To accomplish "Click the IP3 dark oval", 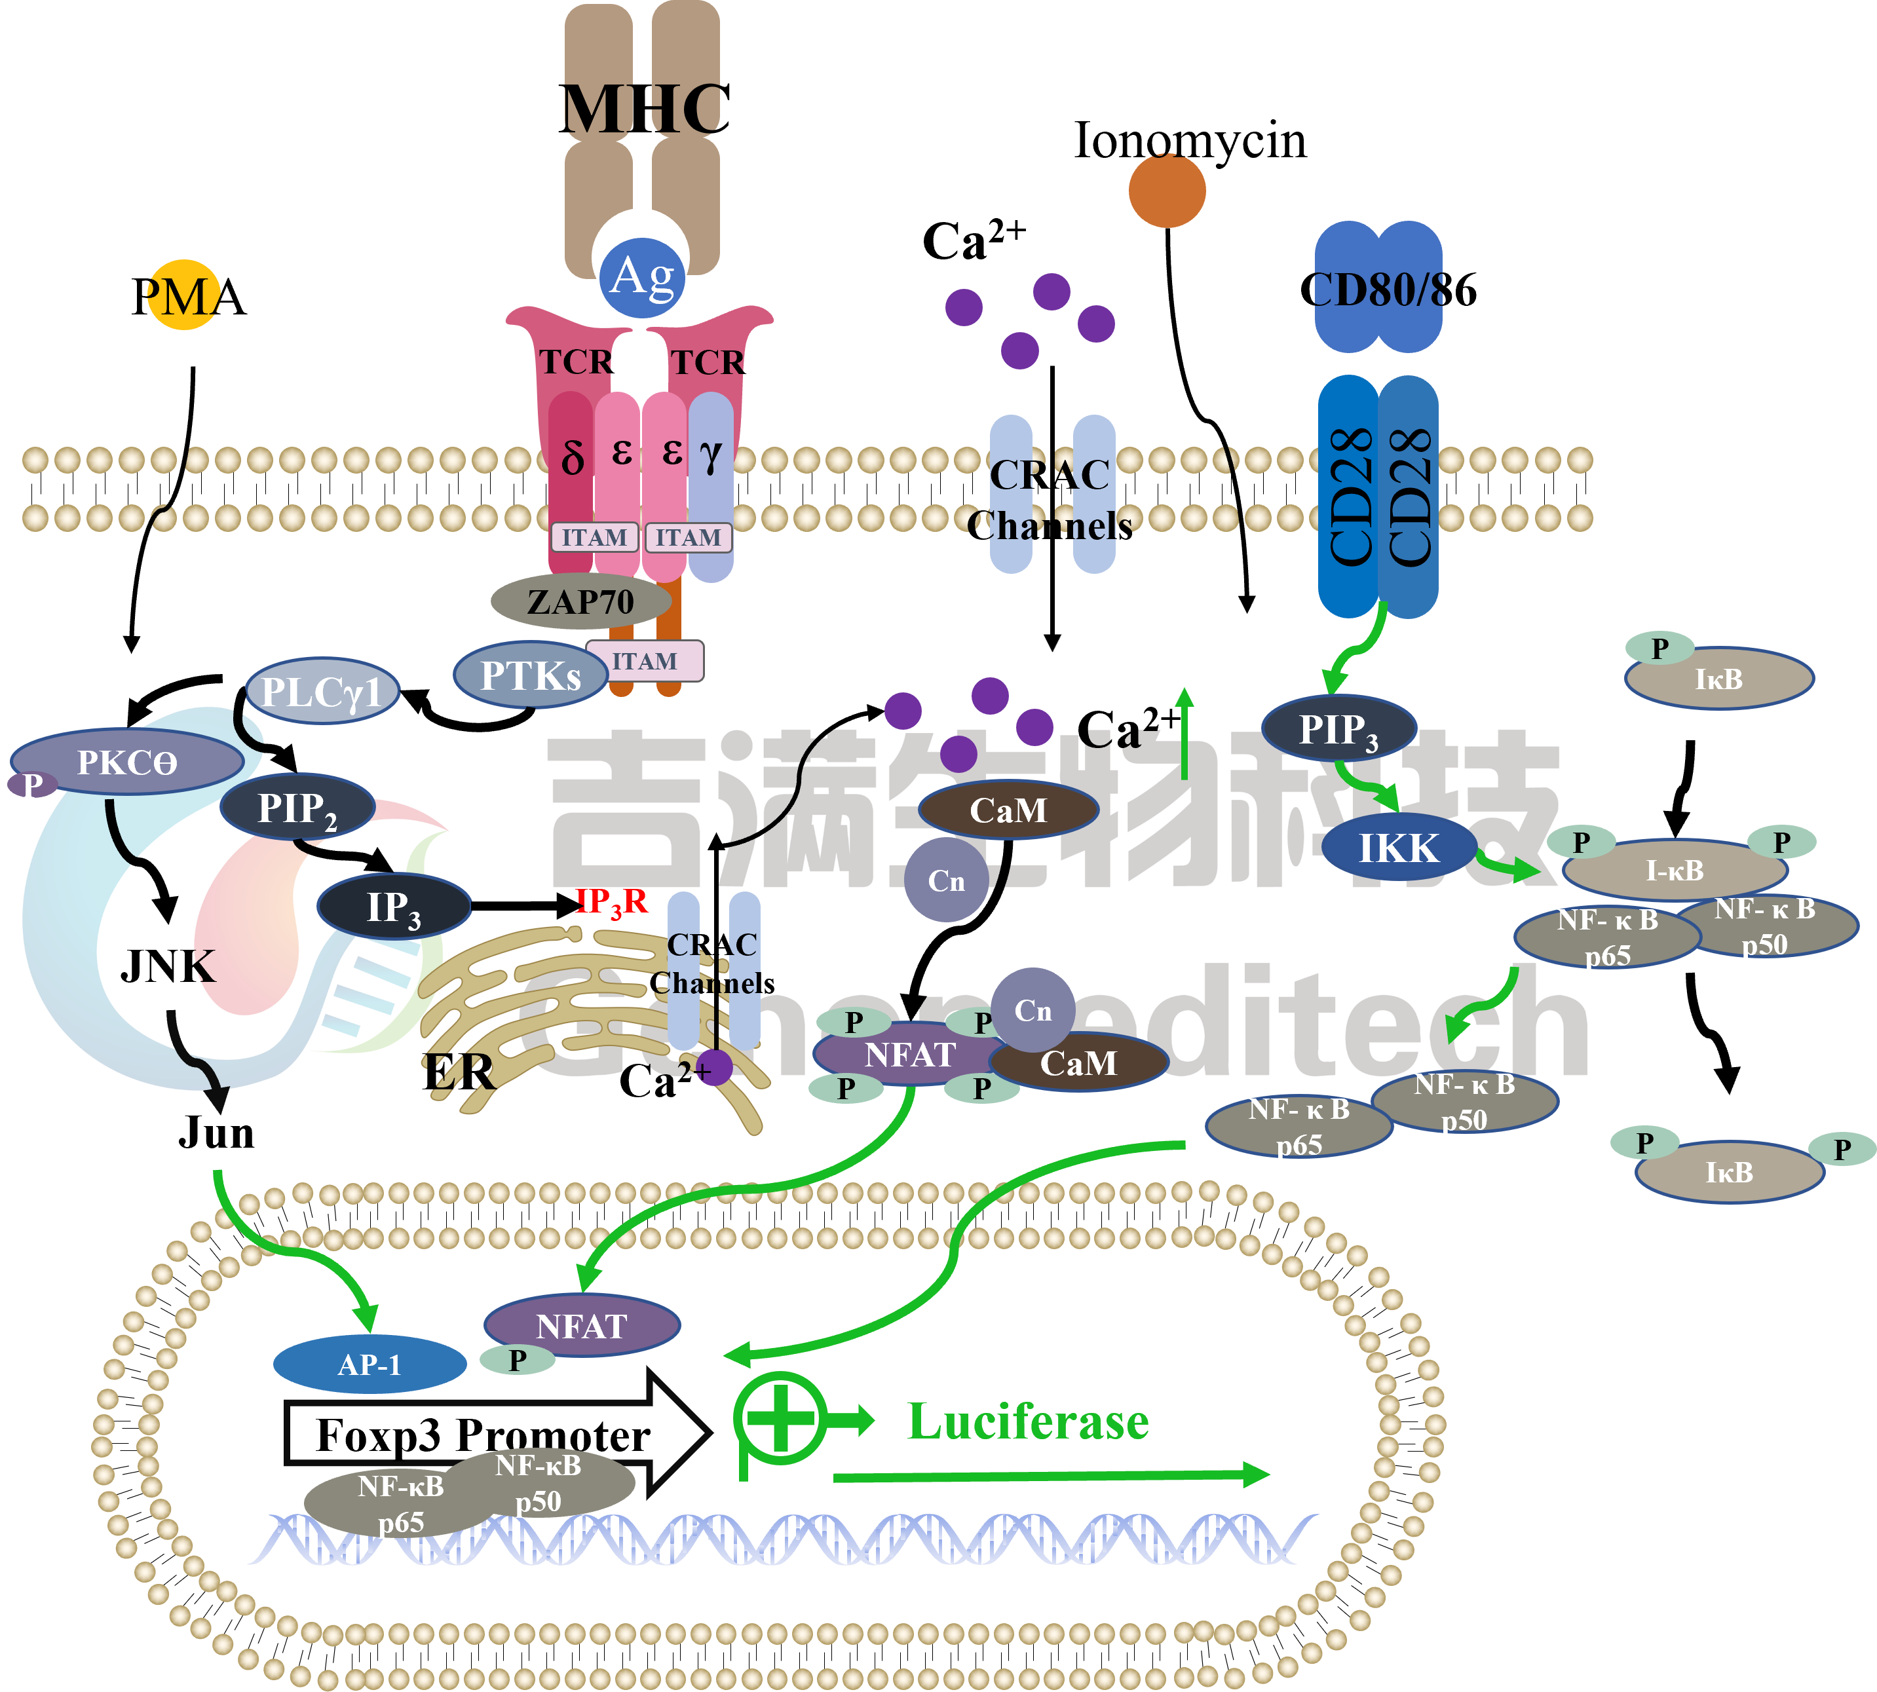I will click(x=394, y=907).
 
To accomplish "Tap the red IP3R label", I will click(x=611, y=901).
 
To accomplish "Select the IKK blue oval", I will click(x=1398, y=848).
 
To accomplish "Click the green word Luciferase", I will click(x=1028, y=1421).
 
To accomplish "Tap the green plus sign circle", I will click(x=781, y=1418).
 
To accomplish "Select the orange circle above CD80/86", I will click(x=1167, y=190).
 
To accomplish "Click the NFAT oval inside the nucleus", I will click(x=582, y=1325).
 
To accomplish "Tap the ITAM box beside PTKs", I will click(x=644, y=661).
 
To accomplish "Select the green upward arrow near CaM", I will click(x=1185, y=734).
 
